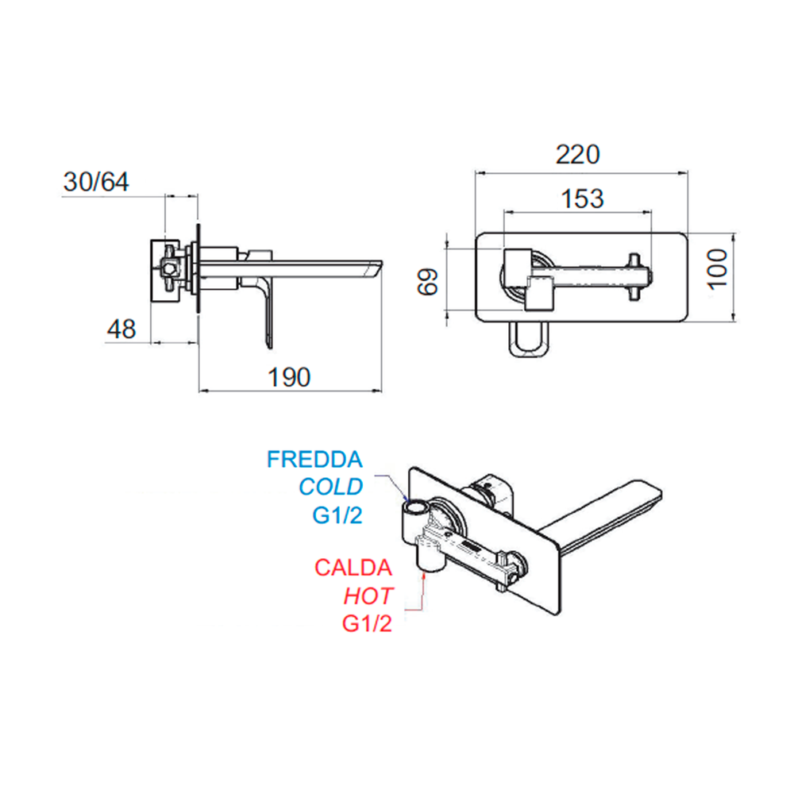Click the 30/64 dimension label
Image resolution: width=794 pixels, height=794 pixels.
[96, 182]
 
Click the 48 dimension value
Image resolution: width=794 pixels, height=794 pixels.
[121, 330]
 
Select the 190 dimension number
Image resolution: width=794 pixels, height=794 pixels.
[289, 377]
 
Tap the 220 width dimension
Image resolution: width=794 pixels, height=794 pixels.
[578, 155]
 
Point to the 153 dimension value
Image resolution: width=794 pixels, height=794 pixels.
[582, 198]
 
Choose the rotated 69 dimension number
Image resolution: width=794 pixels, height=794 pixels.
[428, 282]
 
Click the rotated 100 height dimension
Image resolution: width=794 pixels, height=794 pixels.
[718, 268]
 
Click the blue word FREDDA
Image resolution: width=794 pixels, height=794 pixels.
[314, 459]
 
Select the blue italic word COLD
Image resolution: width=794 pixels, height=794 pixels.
[330, 487]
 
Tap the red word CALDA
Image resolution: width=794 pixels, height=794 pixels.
[353, 568]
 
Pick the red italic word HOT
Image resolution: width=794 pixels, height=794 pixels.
[368, 596]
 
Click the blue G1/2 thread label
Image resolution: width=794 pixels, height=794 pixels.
[337, 515]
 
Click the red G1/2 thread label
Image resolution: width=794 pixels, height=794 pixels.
[367, 623]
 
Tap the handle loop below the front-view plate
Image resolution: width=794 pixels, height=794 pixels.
[528, 339]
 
